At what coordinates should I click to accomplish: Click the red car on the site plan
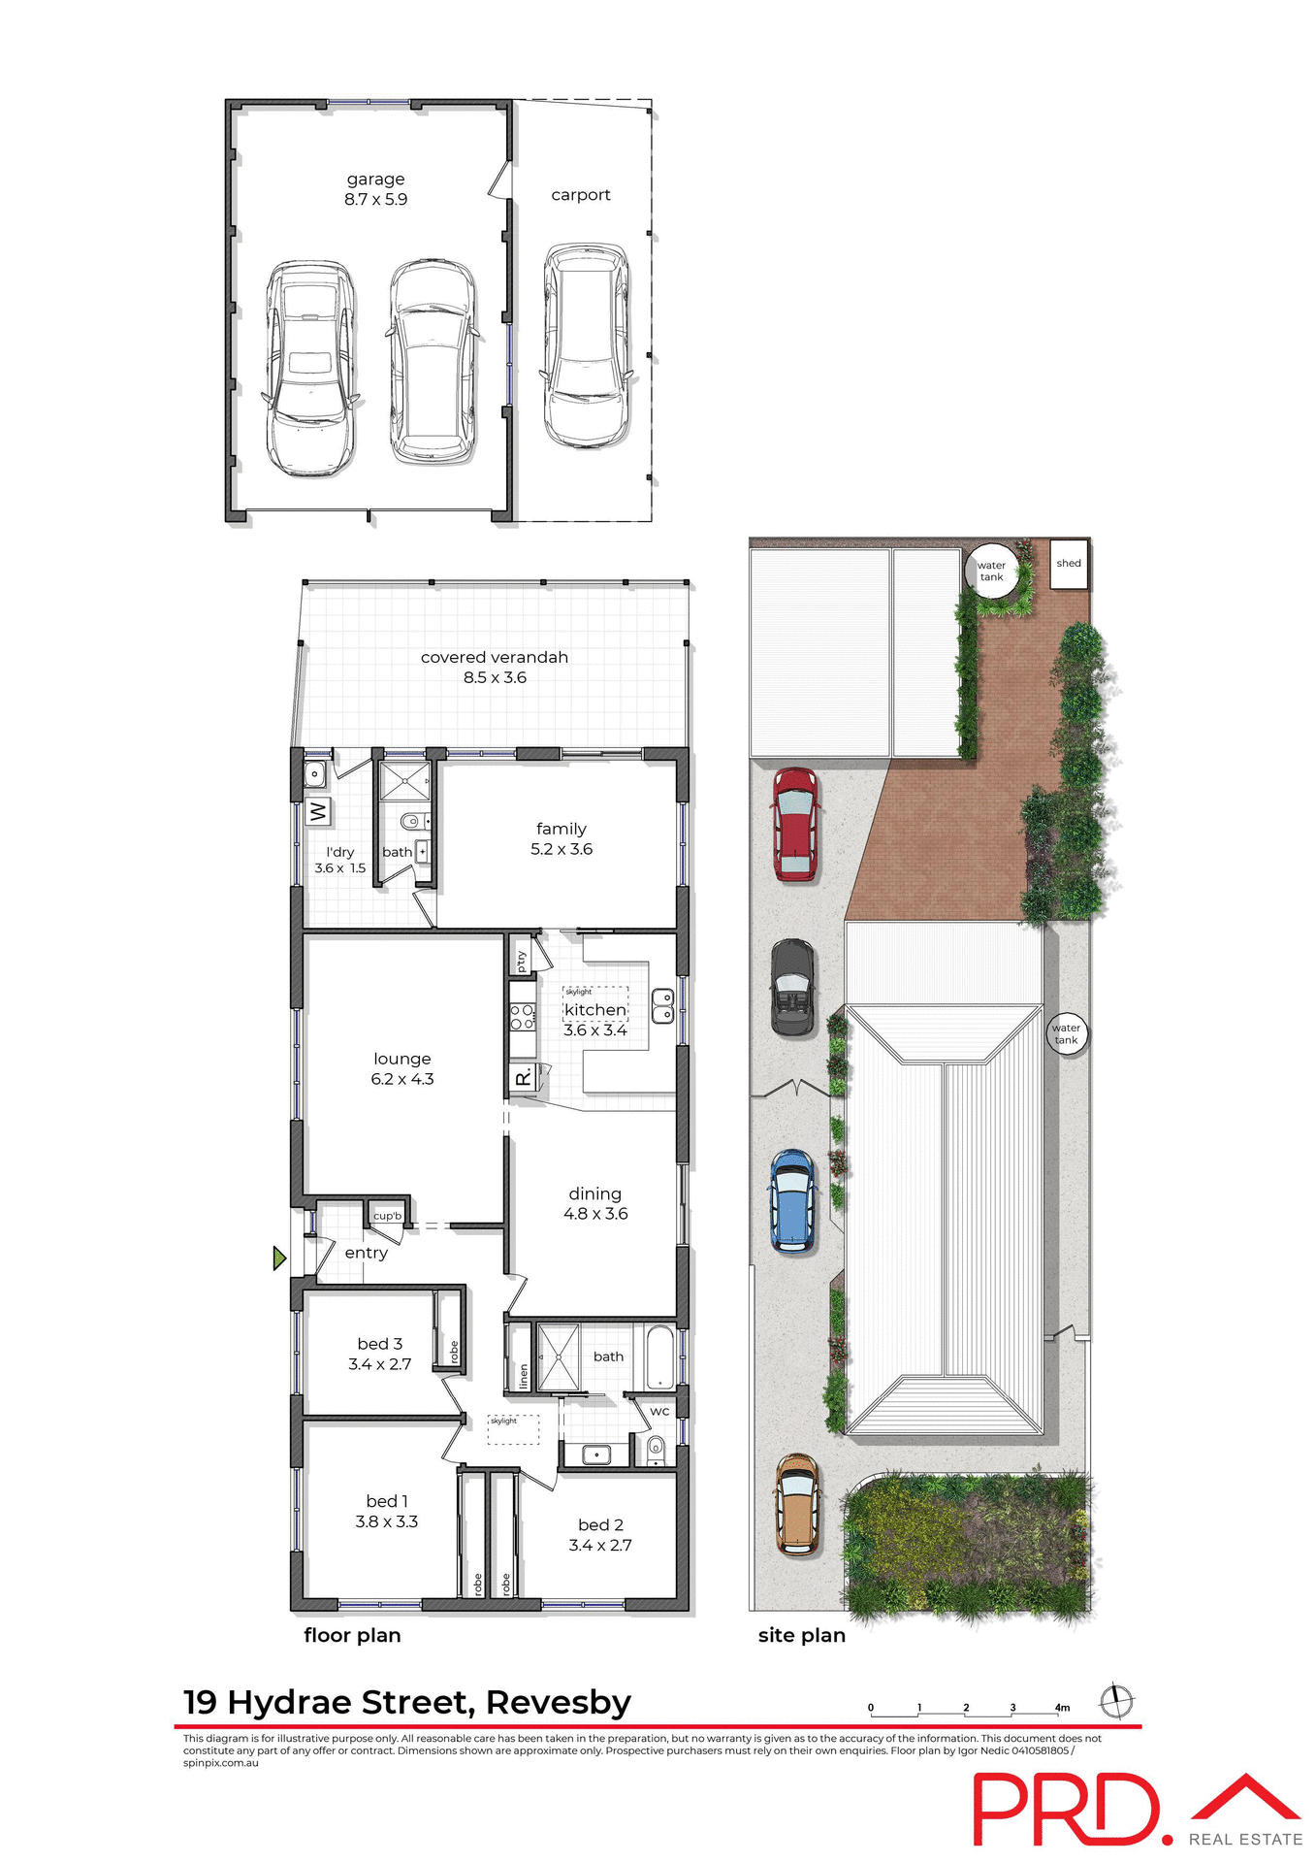[795, 825]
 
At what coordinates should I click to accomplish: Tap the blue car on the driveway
[792, 1201]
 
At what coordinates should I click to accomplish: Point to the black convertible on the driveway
[792, 987]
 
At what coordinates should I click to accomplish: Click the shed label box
[1069, 564]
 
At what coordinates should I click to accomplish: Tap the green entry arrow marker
[279, 1258]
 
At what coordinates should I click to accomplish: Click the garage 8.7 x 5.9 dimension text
[375, 199]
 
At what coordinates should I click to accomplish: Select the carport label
[581, 195]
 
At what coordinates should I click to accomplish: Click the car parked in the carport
[586, 345]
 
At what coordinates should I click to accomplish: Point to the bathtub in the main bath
[659, 1356]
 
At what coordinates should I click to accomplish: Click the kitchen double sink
[662, 1005]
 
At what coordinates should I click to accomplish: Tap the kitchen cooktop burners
[522, 1017]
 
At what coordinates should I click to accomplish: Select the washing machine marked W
[318, 810]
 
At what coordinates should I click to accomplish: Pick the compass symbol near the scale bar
[1116, 1701]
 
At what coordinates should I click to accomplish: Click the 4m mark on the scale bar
[1062, 1708]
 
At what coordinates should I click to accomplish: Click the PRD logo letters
[1067, 1810]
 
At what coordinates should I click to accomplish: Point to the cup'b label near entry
[387, 1216]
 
